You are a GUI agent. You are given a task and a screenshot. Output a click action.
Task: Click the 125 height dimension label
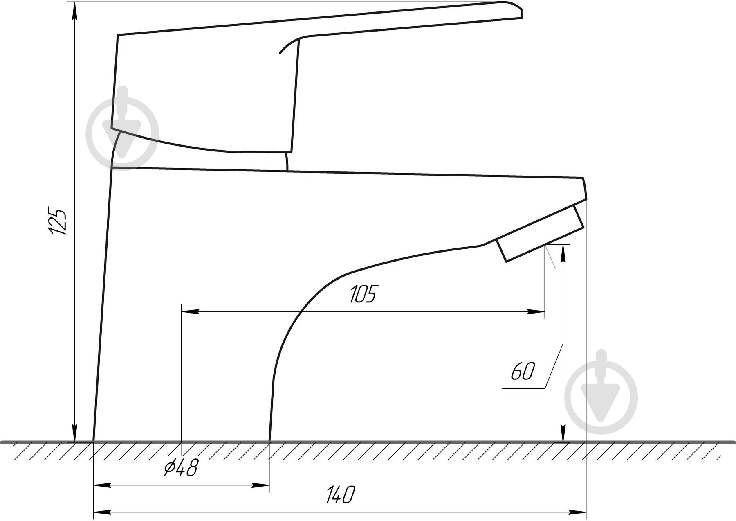pyautogui.click(x=57, y=221)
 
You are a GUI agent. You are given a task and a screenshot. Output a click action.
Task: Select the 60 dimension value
pyautogui.click(x=523, y=372)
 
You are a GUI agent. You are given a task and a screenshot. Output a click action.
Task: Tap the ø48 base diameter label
pyautogui.click(x=180, y=467)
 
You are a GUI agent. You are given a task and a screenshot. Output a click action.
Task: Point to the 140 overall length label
pyautogui.click(x=340, y=495)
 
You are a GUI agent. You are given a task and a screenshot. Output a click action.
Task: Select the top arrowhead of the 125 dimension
pyautogui.click(x=74, y=10)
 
